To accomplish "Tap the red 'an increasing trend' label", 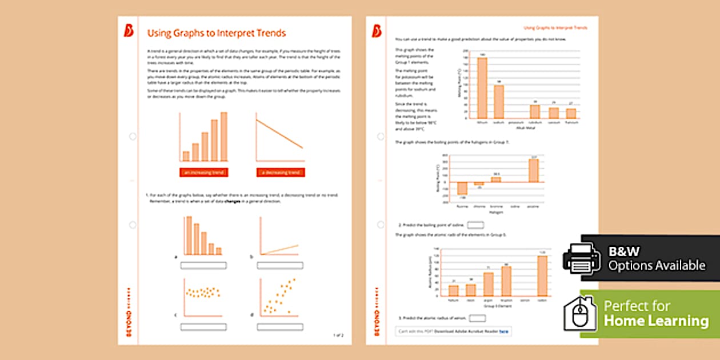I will (203, 173).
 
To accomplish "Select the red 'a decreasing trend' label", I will (280, 173).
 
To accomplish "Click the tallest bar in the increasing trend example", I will (224, 137).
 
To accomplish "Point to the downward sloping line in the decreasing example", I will (280, 135).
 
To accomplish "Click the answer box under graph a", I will (203, 265).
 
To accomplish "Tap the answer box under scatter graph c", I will (203, 327).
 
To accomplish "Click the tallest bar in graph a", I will (187, 235).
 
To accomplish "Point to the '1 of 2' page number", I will (338, 335).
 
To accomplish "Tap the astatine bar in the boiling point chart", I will (534, 170).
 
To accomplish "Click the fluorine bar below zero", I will (462, 189).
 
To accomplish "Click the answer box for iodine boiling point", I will (475, 225).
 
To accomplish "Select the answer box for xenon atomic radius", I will (477, 318).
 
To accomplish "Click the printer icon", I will (582, 258).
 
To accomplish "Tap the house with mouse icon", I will (581, 314).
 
